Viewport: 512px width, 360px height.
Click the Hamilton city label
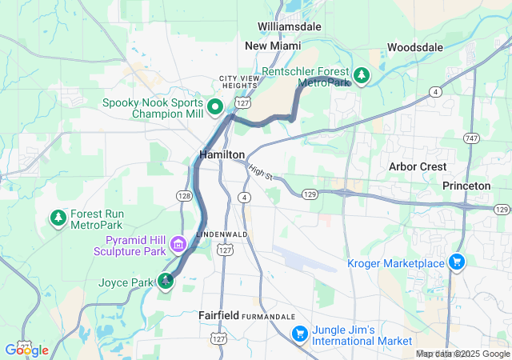[x=222, y=154]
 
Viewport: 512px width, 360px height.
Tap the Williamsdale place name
[x=289, y=26]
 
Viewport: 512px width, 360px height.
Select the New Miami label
[x=273, y=46]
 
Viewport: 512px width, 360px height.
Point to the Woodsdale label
[x=414, y=47]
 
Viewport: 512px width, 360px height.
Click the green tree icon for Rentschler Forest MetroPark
[x=362, y=76]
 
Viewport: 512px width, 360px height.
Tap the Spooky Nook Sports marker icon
[x=215, y=106]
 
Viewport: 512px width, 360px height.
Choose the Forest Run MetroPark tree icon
[x=58, y=217]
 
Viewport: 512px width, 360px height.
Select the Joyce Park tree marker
[x=166, y=281]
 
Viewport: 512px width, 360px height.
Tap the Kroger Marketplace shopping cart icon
[x=457, y=262]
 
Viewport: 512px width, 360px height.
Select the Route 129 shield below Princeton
[x=501, y=210]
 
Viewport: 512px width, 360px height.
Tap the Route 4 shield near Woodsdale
[x=434, y=92]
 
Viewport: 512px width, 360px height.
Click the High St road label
[x=261, y=172]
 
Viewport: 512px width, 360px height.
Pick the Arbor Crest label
[x=417, y=166]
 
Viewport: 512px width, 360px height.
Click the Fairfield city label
[x=218, y=316]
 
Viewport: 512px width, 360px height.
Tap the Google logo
[x=26, y=350]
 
